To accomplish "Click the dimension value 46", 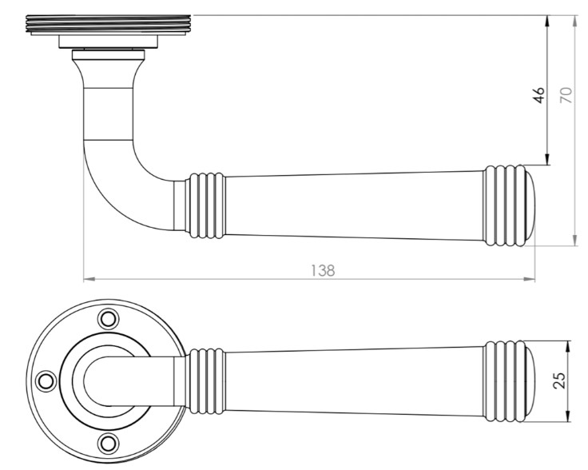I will pyautogui.click(x=539, y=94).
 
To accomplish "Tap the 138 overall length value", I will pyautogui.click(x=322, y=269).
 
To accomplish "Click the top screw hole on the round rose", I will pyautogui.click(x=107, y=318).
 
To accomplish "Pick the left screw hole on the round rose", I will pyautogui.click(x=46, y=380).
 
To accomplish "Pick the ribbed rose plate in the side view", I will pyautogui.click(x=108, y=25).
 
